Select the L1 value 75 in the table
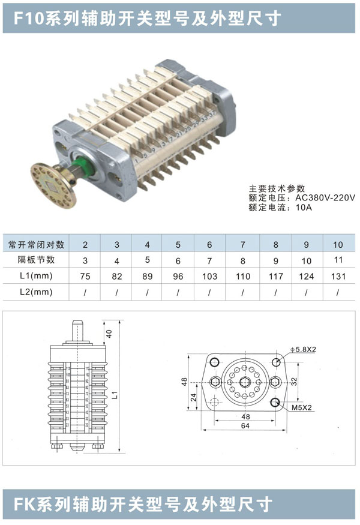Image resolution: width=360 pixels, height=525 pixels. pyautogui.click(x=85, y=276)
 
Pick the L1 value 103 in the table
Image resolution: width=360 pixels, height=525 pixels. pyautogui.click(x=209, y=276)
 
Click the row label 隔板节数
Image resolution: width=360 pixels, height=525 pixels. pyautogui.click(x=30, y=260)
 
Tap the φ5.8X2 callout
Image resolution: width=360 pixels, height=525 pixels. pyautogui.click(x=302, y=348)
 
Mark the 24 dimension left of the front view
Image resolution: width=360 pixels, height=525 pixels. pyautogui.click(x=193, y=397)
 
